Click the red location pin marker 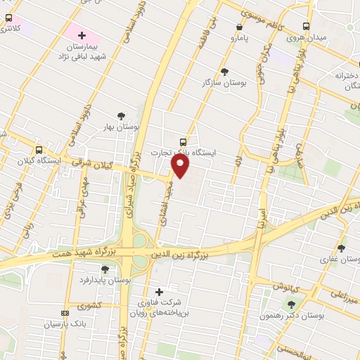[x=181, y=167]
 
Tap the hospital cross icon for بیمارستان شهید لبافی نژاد [x=82, y=34]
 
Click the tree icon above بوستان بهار [x=122, y=115]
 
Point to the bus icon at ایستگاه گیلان [x=39, y=149]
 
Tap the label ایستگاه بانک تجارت [x=184, y=152]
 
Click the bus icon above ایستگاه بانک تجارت [x=184, y=141]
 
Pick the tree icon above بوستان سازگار [x=224, y=71]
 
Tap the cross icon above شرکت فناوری [x=159, y=292]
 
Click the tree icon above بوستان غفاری [x=342, y=247]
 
